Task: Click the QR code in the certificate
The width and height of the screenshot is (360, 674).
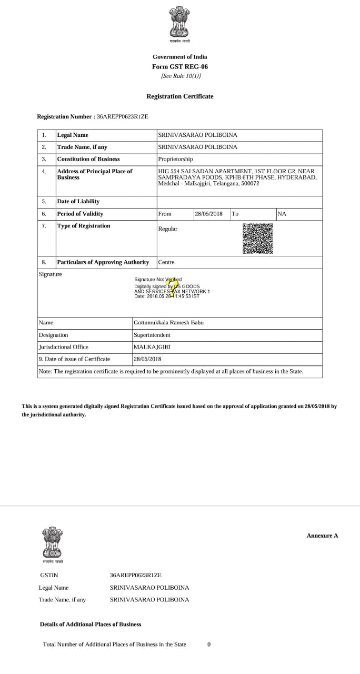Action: tap(258, 239)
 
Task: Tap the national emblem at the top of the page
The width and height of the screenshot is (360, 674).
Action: tap(179, 22)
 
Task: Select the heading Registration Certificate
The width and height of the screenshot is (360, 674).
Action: tap(179, 96)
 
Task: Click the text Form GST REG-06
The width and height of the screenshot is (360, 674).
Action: tap(180, 67)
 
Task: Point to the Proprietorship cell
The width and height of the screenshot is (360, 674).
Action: tap(175, 159)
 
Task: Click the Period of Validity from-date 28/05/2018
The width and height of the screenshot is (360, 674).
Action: tap(208, 214)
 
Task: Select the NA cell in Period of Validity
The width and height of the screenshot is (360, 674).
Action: tap(282, 214)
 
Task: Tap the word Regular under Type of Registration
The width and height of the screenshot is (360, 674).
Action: tap(168, 229)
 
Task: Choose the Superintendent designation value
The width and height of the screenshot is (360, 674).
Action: tap(152, 335)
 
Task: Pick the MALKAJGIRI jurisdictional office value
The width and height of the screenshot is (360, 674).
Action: tap(152, 347)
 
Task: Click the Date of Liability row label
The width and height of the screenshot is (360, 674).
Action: tap(78, 202)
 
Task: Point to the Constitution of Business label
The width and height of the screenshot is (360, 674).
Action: tap(88, 159)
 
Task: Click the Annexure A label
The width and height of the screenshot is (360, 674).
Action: tap(322, 536)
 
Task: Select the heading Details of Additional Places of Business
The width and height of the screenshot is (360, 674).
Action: tap(91, 625)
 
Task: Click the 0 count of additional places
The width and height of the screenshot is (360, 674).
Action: tap(209, 645)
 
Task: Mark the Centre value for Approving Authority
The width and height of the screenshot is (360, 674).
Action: tap(166, 262)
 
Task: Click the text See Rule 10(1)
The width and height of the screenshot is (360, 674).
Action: tap(181, 76)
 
